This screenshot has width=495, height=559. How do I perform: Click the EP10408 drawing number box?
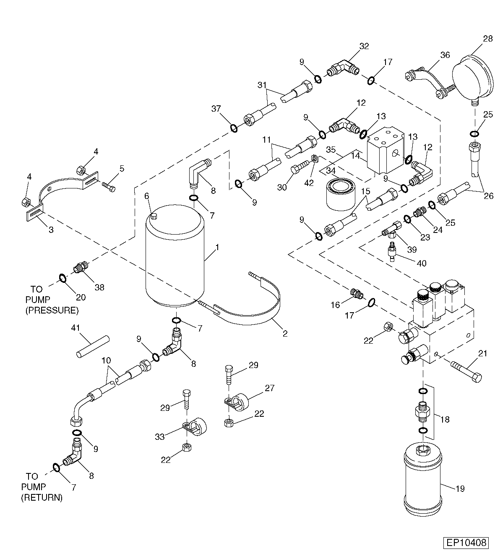(466, 543)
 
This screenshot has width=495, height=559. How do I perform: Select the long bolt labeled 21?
(466, 372)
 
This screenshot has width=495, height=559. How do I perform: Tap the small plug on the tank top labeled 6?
(154, 216)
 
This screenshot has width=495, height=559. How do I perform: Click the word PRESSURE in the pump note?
(52, 311)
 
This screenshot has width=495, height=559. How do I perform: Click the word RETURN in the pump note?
(42, 498)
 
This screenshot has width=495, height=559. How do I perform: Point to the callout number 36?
(445, 55)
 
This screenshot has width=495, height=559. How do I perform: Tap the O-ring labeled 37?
(234, 128)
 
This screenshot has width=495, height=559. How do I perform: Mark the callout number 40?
(422, 263)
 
